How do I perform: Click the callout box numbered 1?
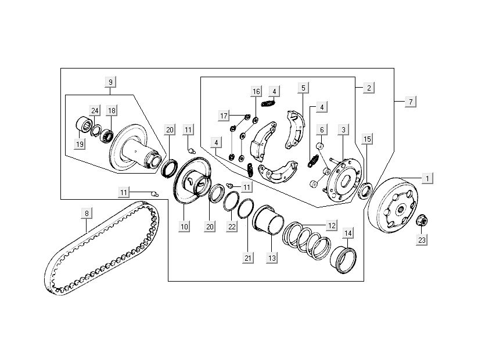coord(427,179)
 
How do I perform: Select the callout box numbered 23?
coord(421,239)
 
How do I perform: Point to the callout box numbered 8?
coord(87,213)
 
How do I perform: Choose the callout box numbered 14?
coord(348,234)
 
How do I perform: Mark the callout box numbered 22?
coord(232,227)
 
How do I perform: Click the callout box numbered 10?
coord(185,227)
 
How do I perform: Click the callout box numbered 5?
coord(303,88)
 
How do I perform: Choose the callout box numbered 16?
coord(256,92)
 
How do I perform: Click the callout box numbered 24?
coord(95,110)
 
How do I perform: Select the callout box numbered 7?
coord(411,102)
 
